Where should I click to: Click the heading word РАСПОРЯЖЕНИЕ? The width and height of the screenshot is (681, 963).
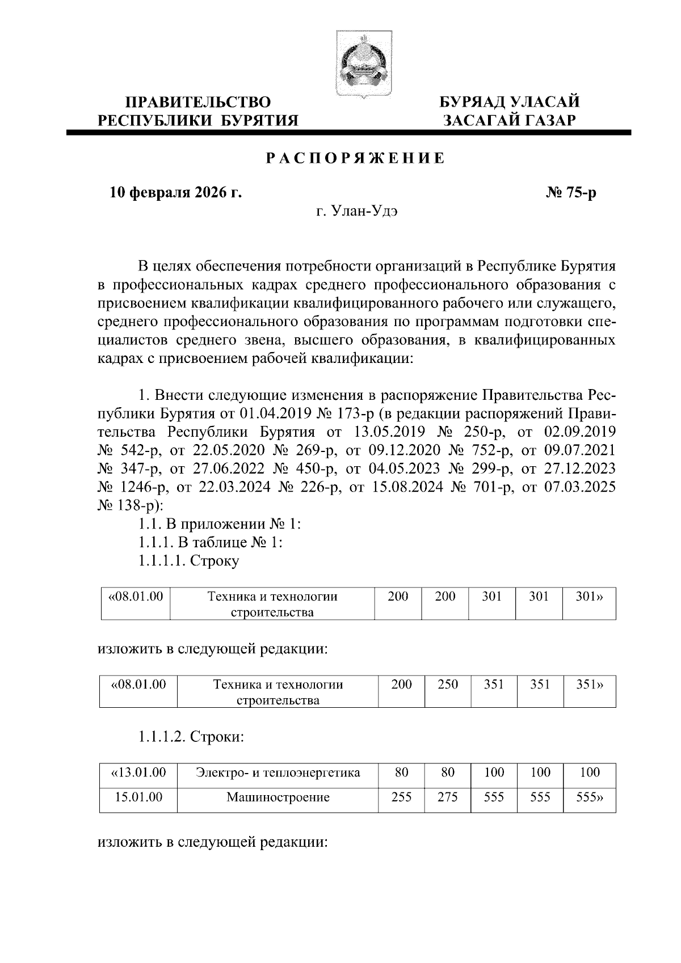(356, 159)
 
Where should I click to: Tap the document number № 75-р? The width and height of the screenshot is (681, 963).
(570, 193)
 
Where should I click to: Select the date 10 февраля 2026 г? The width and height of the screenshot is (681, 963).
(176, 193)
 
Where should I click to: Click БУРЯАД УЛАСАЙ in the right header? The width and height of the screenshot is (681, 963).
(510, 103)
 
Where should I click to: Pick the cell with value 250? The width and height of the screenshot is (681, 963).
(448, 685)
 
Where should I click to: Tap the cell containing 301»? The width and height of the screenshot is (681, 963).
(588, 597)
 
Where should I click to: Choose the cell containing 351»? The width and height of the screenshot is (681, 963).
(589, 685)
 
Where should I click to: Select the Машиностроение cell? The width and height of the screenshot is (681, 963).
(278, 797)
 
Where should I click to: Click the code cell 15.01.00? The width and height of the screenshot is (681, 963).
(138, 797)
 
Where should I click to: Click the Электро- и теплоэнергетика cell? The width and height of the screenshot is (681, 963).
(278, 772)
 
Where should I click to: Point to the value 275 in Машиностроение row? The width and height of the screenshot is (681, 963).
(448, 797)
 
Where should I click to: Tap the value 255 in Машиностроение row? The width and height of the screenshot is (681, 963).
(401, 797)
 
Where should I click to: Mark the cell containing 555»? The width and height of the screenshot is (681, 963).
(589, 797)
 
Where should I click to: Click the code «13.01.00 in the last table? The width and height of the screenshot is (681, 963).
(138, 772)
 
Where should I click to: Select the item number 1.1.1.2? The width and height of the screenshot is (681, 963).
(161, 737)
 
